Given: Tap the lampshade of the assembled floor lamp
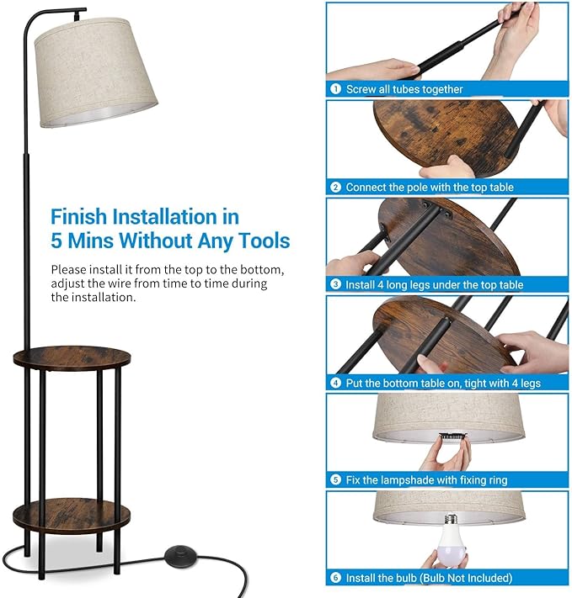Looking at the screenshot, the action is (x=95, y=72).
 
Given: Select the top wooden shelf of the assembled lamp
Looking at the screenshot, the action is (x=72, y=358).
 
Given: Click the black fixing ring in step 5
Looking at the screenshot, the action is (x=452, y=437).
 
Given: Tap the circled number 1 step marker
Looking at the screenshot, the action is (x=335, y=89).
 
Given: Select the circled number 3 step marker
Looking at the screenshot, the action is (x=335, y=284).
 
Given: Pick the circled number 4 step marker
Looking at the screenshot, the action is (x=335, y=383).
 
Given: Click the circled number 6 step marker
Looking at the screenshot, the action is (x=335, y=578).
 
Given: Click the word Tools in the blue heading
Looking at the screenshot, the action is (x=264, y=241).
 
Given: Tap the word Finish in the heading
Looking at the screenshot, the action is (x=78, y=217).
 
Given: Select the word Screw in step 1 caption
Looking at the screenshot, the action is (x=361, y=89).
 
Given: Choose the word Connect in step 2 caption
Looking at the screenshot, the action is (x=366, y=188).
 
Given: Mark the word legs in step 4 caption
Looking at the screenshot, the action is (x=530, y=384).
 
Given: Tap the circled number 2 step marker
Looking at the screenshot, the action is (x=335, y=188).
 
